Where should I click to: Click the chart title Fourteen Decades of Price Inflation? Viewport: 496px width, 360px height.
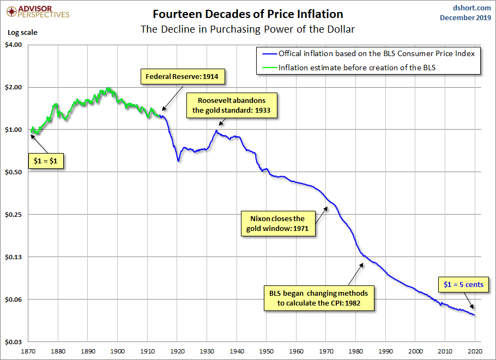tap(248, 14)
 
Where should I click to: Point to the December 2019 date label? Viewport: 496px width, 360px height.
tap(465, 18)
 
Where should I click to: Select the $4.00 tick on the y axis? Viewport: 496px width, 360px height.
tap(13, 45)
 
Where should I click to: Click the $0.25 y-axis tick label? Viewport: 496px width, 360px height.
tap(13, 215)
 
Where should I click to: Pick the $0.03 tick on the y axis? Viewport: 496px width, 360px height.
tap(13, 342)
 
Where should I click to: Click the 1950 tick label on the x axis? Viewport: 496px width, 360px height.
tap(267, 351)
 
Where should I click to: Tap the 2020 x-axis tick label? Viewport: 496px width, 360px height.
tap(475, 351)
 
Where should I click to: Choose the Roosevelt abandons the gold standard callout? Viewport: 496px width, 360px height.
tap(232, 105)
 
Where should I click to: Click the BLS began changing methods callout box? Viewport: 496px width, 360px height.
tap(319, 297)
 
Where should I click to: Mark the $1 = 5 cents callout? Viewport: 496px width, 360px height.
tap(463, 284)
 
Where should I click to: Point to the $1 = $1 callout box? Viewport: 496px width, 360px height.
tap(46, 162)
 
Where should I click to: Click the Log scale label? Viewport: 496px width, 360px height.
tap(22, 32)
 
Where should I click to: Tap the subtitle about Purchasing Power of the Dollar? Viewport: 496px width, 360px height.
tap(248, 28)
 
